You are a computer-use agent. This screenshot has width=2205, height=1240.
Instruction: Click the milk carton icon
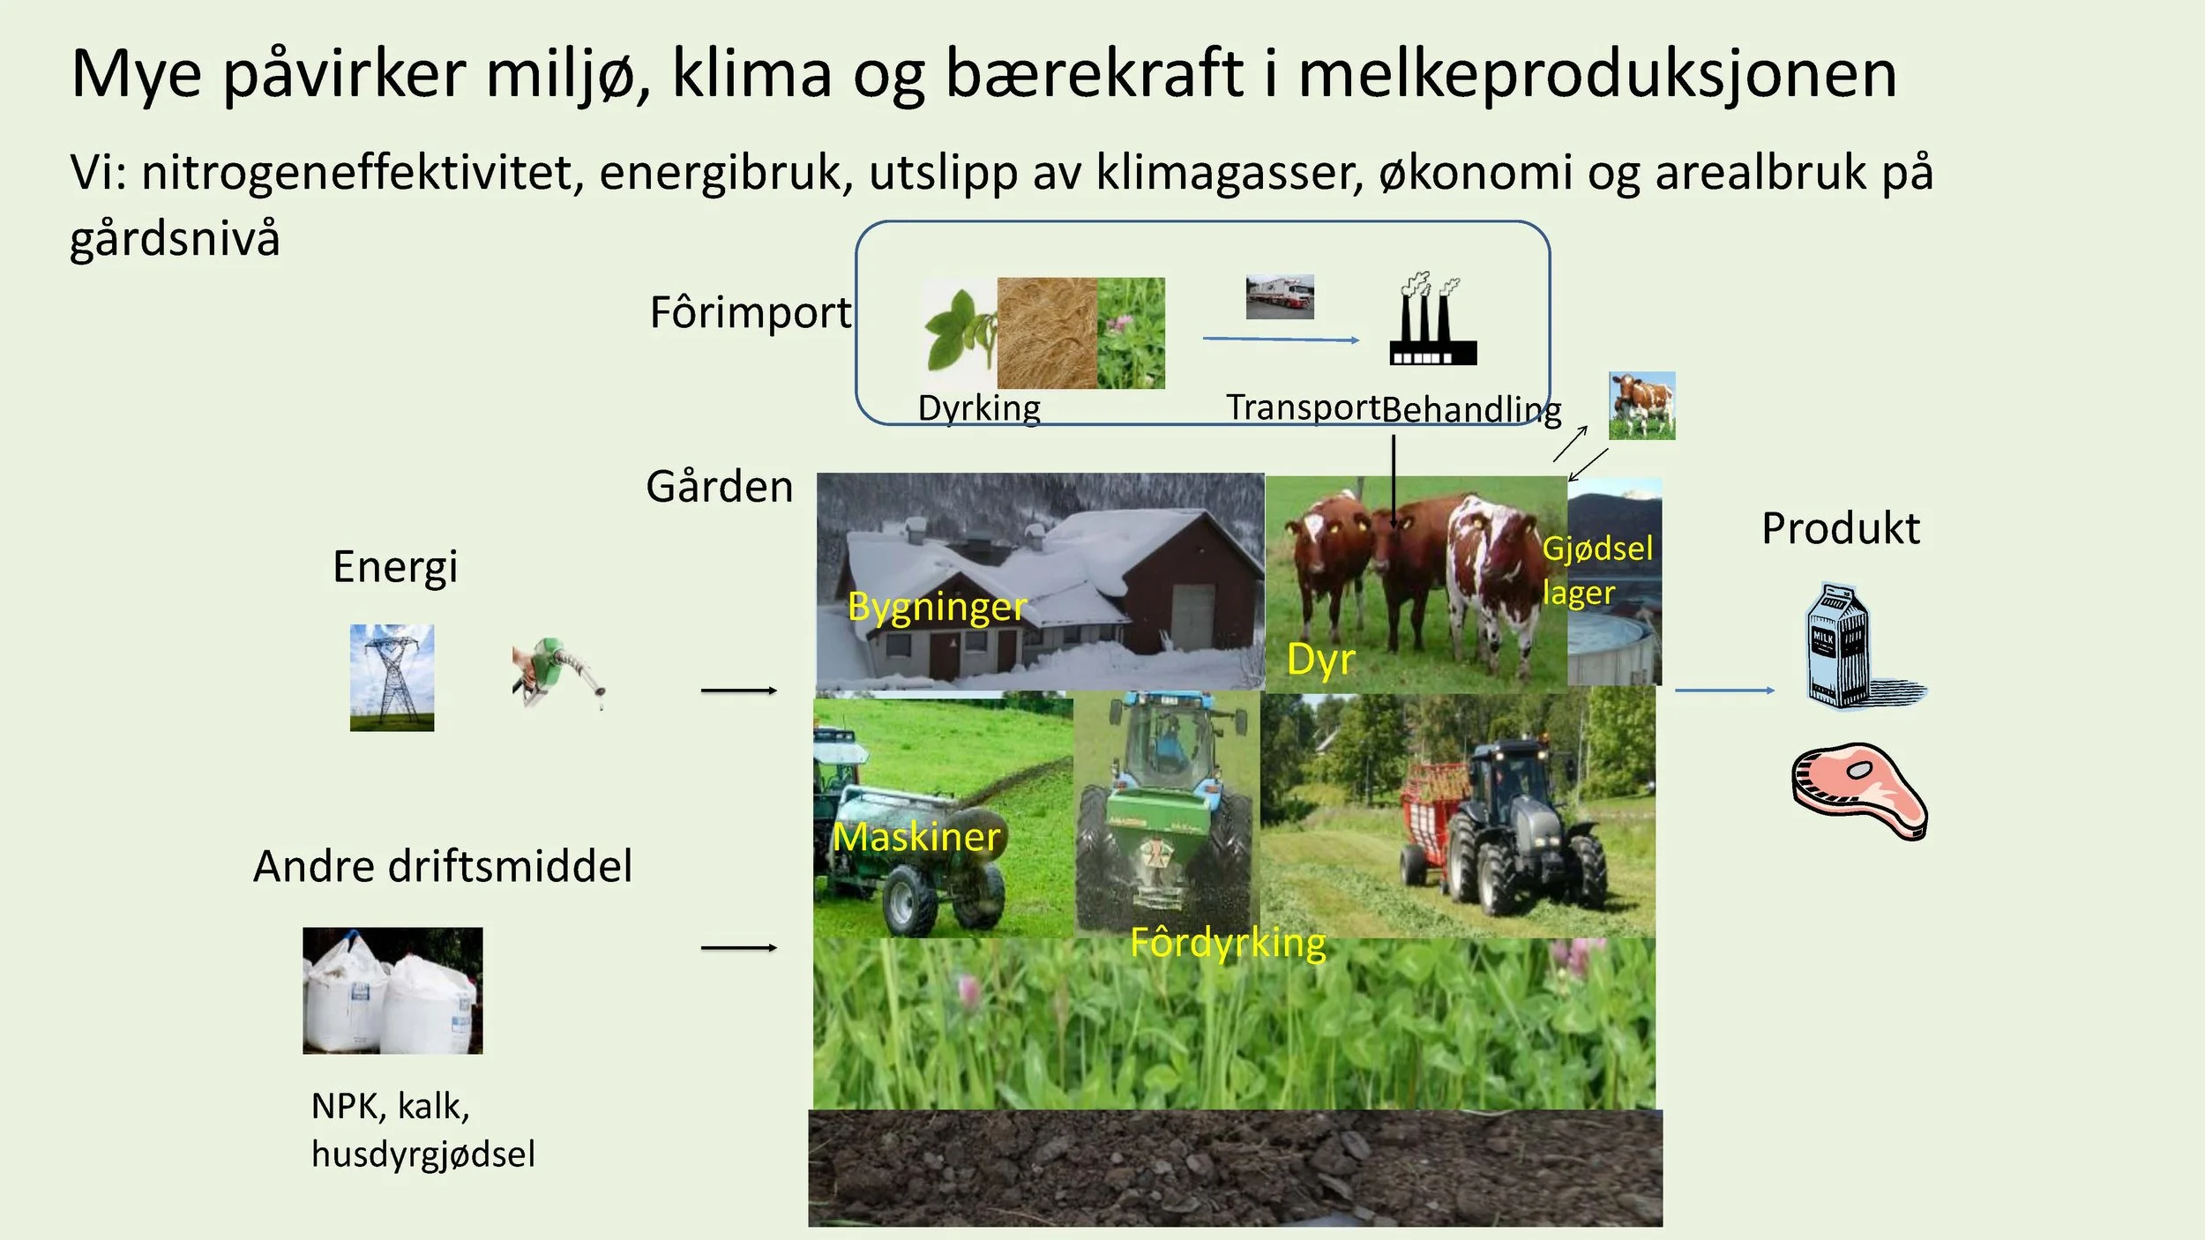point(1843,646)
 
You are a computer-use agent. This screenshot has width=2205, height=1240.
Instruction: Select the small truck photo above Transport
point(1280,296)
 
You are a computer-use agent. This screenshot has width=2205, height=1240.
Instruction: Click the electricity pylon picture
point(392,677)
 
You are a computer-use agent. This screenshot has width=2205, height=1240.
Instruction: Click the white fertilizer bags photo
point(392,990)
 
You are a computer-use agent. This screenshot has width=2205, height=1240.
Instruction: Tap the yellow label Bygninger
point(937,607)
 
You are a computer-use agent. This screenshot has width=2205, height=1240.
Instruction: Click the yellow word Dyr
point(1320,660)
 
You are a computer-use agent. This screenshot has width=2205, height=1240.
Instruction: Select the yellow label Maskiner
point(916,836)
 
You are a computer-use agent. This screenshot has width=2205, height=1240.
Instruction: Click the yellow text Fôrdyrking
point(1228,943)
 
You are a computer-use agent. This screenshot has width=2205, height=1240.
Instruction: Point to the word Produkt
point(1840,529)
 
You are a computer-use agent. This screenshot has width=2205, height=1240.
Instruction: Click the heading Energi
point(395,566)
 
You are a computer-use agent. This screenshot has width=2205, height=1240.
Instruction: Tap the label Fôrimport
point(751,312)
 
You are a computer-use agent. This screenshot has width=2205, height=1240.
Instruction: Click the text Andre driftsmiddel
point(443,866)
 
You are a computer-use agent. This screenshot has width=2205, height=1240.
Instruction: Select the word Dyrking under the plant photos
point(979,408)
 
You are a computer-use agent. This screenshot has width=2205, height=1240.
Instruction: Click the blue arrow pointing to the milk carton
point(1724,691)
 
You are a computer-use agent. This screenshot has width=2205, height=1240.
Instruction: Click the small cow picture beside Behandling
point(1641,406)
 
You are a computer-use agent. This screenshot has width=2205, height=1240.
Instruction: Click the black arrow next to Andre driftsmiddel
point(738,948)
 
